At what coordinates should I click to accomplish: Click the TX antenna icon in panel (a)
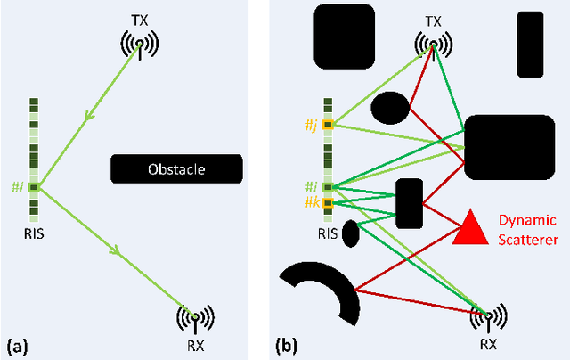138,44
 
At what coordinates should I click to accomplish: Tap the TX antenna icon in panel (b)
434,42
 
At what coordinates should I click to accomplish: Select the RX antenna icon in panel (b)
487,316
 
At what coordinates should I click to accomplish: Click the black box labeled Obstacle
176,169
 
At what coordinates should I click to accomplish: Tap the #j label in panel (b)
311,126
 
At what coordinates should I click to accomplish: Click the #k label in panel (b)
311,204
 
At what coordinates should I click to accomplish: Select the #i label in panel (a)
17,187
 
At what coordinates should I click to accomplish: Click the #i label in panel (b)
311,187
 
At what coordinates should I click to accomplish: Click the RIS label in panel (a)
34,236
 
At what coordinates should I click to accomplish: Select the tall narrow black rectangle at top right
529,45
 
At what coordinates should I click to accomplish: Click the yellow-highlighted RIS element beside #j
329,126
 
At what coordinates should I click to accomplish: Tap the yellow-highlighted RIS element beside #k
329,204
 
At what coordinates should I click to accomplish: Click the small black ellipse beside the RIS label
351,233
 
